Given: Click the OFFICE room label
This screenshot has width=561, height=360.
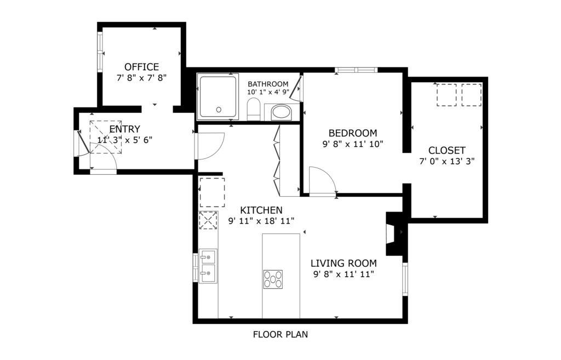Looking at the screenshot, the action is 142,67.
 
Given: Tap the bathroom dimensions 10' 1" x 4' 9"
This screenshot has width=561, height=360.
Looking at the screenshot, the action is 268,92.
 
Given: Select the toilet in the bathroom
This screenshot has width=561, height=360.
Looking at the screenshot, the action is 254,109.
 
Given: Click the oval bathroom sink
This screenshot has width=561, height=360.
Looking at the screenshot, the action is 282,112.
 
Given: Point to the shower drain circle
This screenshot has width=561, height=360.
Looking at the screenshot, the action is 219,110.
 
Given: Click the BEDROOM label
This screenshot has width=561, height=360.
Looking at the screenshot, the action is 353,133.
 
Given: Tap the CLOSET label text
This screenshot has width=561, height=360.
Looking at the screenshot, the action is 447,150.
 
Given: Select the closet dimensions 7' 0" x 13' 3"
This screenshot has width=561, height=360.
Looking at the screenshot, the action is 447,162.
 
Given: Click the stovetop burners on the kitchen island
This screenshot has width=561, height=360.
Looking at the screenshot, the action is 273,279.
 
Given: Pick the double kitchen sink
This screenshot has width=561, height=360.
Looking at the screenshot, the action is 208,266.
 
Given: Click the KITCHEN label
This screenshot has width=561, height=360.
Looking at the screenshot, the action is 261,210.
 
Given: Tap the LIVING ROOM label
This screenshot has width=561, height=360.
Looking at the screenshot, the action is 344,264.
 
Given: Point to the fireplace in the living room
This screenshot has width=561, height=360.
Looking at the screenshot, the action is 394,233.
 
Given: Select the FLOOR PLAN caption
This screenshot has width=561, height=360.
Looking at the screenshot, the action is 280,335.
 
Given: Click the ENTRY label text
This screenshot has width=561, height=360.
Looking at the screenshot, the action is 124,129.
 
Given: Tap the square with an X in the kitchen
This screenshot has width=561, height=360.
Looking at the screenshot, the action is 208,220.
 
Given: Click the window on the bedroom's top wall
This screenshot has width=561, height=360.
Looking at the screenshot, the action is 356,70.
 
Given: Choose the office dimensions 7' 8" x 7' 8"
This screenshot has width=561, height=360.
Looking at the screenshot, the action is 142,78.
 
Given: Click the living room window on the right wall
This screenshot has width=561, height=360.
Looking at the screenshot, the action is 405,279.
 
